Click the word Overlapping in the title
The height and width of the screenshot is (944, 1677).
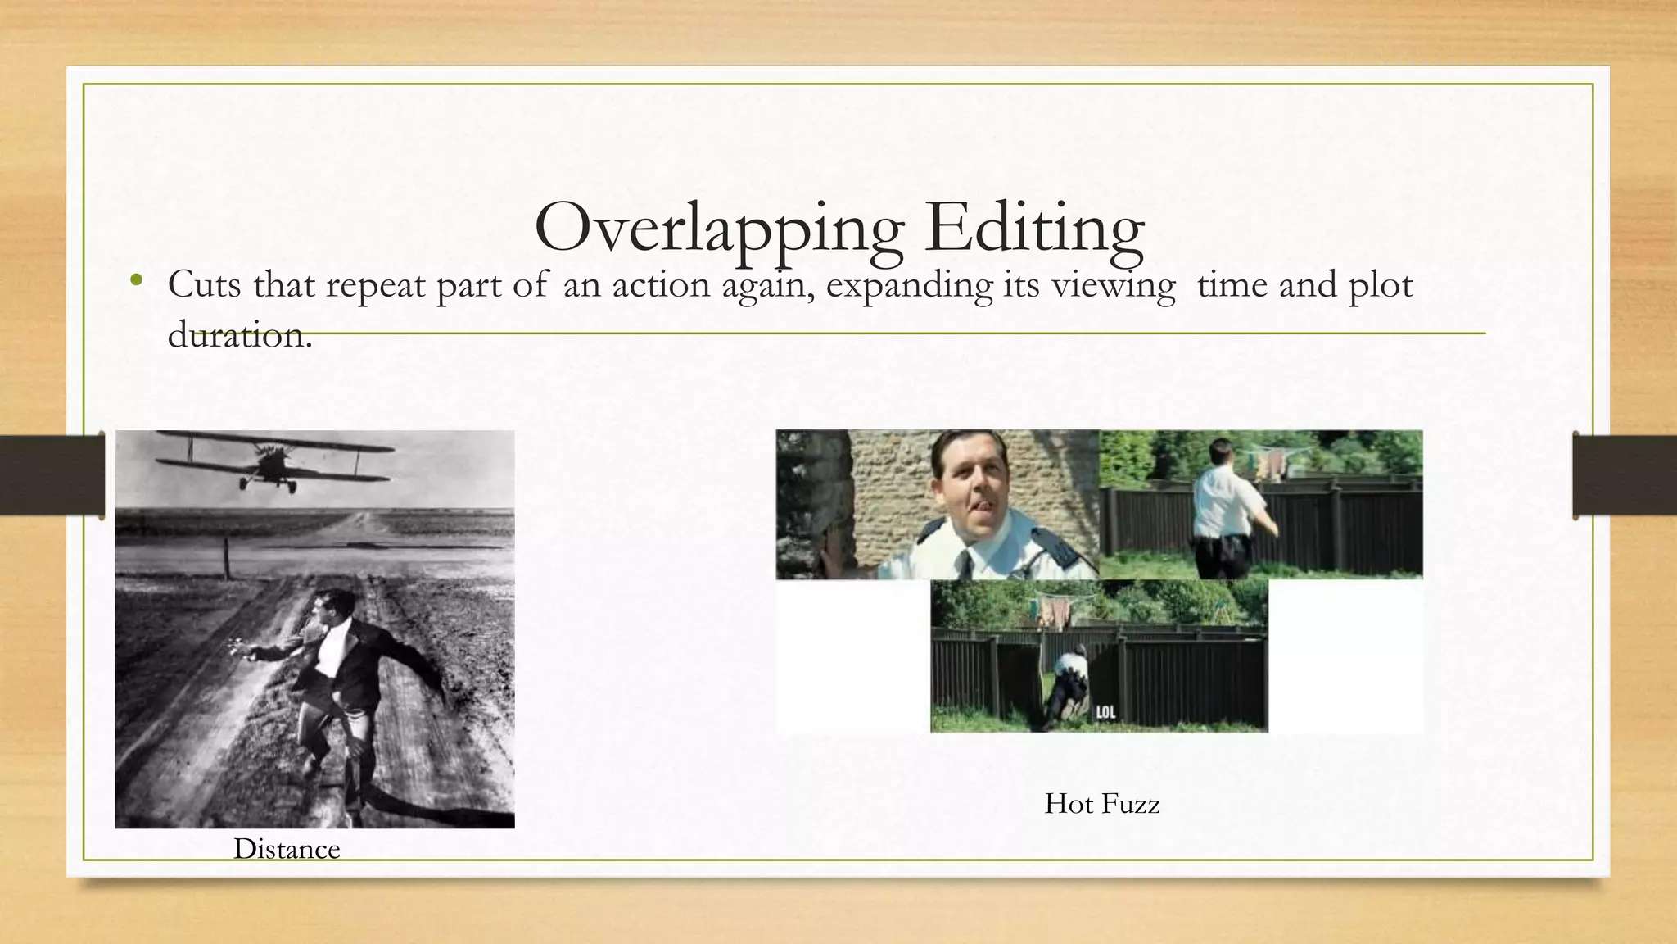pyautogui.click(x=718, y=228)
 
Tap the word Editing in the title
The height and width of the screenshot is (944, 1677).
pyautogui.click(x=1034, y=228)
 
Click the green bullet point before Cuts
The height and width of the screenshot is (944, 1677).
pyautogui.click(x=136, y=281)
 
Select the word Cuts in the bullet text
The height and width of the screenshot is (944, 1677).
pyautogui.click(x=205, y=285)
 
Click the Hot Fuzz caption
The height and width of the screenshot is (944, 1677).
pyautogui.click(x=1101, y=804)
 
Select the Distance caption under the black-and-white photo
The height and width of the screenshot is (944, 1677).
pyautogui.click(x=287, y=849)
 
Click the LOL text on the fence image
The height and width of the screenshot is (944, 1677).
pyautogui.click(x=1105, y=713)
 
